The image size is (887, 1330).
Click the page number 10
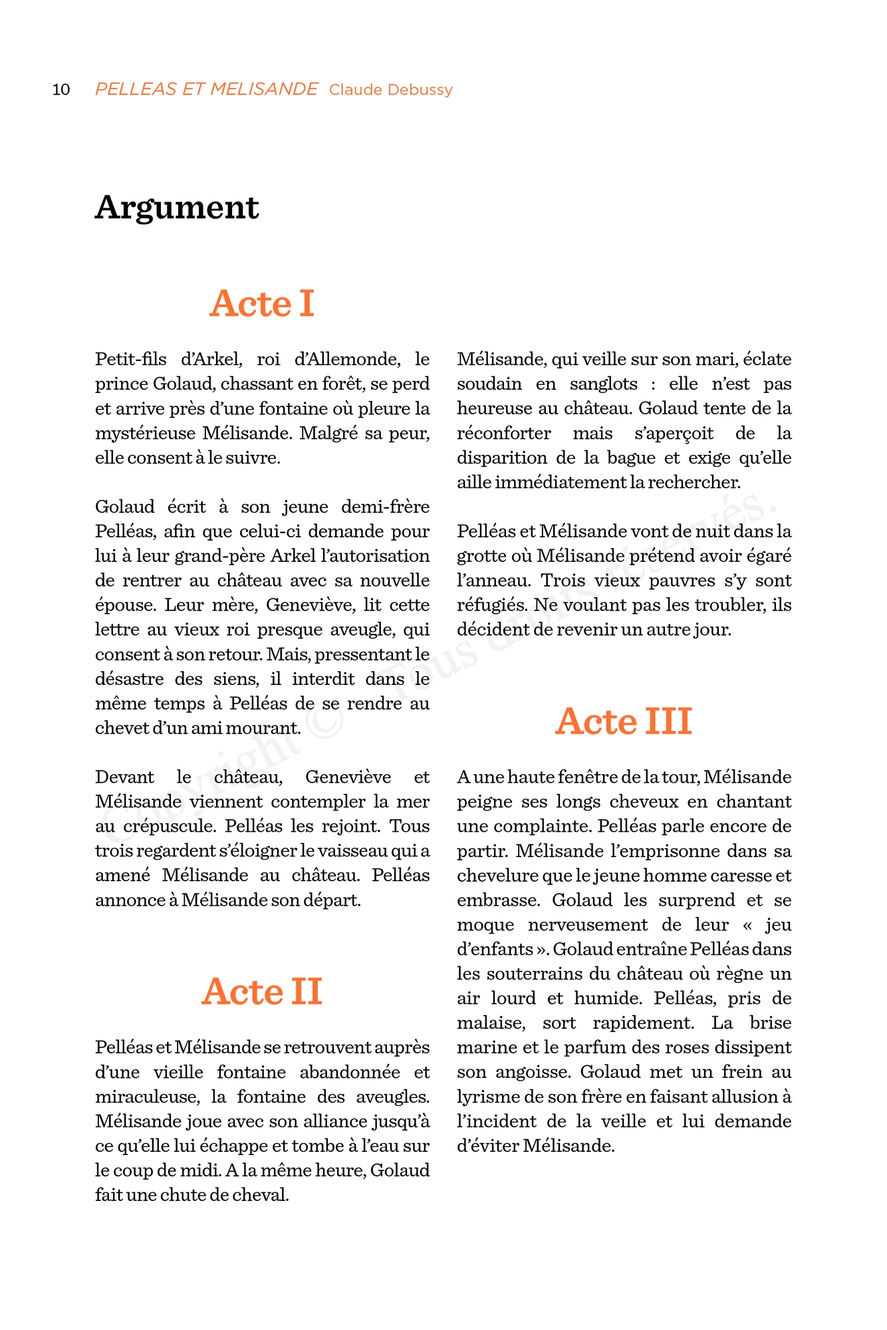61,90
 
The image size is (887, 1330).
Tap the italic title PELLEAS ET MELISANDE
206,89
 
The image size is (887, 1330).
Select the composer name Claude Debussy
391,90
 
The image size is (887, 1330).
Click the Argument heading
177,207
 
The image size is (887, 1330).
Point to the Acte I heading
262,304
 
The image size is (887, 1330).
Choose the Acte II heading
262,992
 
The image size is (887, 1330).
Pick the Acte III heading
624,722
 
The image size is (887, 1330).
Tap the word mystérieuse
146,434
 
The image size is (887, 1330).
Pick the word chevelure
497,876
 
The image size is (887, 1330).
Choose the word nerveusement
588,925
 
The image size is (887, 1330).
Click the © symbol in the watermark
324,723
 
